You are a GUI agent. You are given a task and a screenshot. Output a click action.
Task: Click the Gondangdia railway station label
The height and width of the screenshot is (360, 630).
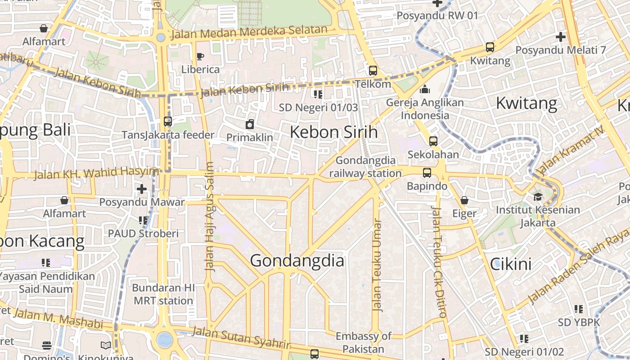[x=365, y=166]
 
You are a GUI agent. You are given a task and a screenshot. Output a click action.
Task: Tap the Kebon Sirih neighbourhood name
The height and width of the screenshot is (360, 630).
[x=333, y=132]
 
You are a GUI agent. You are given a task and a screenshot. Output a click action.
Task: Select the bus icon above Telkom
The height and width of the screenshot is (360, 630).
[x=373, y=71]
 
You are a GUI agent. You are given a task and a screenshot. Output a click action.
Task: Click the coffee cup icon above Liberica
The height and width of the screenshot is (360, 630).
[x=200, y=56]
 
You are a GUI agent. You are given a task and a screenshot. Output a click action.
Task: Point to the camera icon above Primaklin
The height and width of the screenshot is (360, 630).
[x=250, y=124]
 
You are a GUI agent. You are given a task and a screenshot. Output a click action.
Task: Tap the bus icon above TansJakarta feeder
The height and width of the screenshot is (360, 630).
[x=168, y=121]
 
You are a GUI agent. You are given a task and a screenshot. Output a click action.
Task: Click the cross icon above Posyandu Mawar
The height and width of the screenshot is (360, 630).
[x=142, y=189]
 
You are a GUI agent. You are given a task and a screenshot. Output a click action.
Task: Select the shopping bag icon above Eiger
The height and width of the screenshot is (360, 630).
[x=464, y=200]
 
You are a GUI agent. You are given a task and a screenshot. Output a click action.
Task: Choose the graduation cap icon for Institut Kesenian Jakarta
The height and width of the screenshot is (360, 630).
[x=538, y=197]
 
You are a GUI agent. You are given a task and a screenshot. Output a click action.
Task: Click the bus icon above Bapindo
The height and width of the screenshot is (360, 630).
[x=427, y=173]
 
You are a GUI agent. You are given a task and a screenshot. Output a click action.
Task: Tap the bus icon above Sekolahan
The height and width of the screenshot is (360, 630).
[x=433, y=141]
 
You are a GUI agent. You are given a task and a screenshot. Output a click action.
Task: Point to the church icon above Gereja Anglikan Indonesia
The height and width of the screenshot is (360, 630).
[x=425, y=89]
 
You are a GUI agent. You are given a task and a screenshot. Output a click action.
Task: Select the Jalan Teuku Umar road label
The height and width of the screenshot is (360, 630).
[x=377, y=265]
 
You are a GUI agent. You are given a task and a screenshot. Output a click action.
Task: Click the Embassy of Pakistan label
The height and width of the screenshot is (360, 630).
[x=364, y=342]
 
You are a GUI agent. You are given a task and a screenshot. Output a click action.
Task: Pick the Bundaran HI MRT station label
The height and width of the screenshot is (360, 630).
[x=163, y=294]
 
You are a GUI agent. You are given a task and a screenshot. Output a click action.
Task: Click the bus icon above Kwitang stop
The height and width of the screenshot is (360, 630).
[x=490, y=47]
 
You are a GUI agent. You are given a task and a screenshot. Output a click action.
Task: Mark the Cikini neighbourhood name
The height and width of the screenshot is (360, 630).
[x=511, y=264]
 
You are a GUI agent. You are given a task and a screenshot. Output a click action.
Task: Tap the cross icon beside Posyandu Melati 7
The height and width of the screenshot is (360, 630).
[x=561, y=37]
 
